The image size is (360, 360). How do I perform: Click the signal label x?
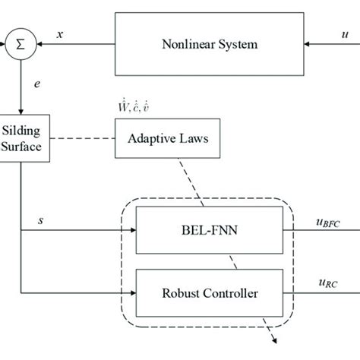pyautogui.click(x=60, y=33)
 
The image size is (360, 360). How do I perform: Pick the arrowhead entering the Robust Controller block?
pyautogui.click(x=130, y=292)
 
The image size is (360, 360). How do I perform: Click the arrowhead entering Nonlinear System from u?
pyautogui.click(x=311, y=44)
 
